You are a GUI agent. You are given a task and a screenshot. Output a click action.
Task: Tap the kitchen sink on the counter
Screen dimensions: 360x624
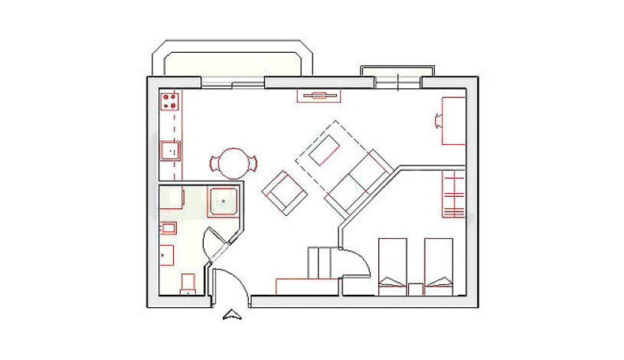click(169, 150)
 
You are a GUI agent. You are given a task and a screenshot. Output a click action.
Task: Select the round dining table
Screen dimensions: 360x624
click(233, 163)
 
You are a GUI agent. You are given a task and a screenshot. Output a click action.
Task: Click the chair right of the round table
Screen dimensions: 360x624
click(252, 162)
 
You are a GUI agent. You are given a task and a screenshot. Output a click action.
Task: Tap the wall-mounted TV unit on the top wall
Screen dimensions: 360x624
click(318, 96)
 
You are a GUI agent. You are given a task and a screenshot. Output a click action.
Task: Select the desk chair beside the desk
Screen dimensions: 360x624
click(439, 119)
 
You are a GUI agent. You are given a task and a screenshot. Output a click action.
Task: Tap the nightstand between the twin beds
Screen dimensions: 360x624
click(415, 288)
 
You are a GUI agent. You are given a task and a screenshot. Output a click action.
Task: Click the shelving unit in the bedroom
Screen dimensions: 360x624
click(453, 195)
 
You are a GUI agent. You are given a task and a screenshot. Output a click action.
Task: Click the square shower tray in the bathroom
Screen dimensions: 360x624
click(224, 201)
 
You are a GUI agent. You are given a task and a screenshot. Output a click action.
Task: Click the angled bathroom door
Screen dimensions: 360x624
click(217, 244)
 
